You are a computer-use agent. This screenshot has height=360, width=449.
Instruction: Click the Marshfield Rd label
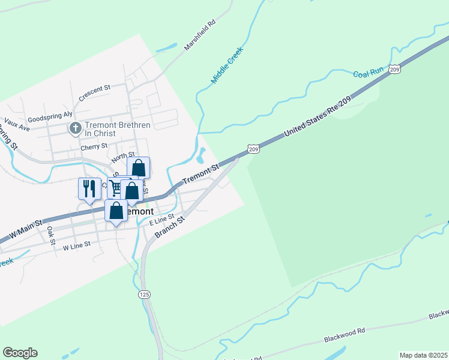[200, 37]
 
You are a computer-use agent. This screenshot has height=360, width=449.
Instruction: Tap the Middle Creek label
[227, 65]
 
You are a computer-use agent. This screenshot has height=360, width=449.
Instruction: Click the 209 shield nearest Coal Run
[394, 70]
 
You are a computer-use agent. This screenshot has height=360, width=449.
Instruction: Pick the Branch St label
[168, 227]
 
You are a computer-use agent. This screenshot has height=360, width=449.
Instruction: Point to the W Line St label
[76, 245]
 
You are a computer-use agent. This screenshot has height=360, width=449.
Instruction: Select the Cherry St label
[94, 146]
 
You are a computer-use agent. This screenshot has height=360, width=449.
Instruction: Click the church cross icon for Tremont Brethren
[75, 128]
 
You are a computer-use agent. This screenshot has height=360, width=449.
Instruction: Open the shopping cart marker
[116, 188]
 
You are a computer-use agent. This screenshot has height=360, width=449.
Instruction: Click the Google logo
[20, 353]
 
